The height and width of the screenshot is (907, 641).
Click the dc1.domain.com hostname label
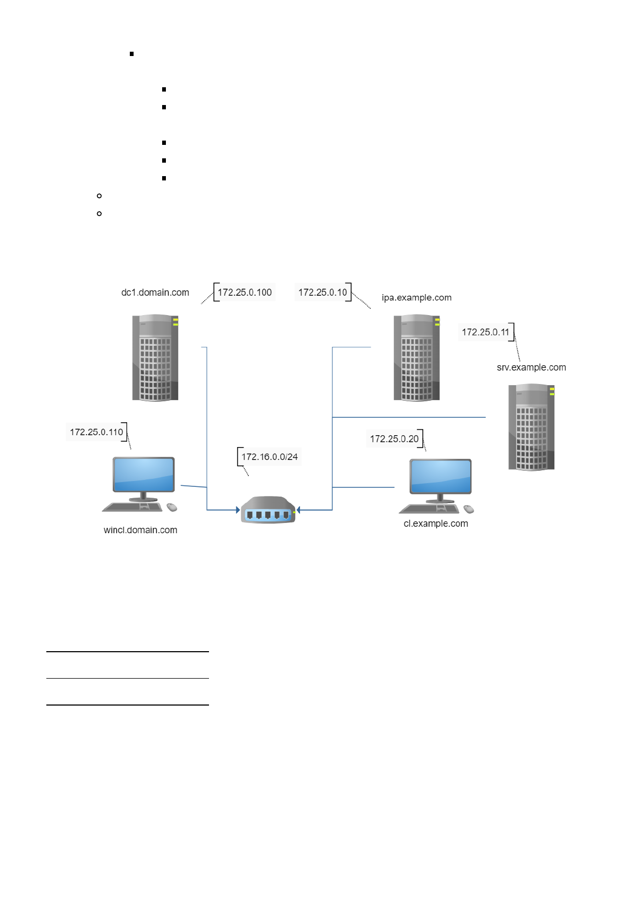155,292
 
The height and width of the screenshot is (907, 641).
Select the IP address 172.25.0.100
245,292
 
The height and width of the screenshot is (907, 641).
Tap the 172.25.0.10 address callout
323,292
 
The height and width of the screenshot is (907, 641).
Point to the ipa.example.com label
416,297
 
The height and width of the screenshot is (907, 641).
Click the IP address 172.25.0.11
485,332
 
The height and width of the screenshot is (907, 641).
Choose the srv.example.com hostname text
531,367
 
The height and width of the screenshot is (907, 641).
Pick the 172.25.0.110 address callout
96,432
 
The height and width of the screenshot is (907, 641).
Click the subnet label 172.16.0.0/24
269,457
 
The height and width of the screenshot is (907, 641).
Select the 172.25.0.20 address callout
394,439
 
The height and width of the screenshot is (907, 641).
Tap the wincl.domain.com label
140,530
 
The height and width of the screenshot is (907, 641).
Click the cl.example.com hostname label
436,524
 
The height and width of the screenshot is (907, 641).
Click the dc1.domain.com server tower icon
155,358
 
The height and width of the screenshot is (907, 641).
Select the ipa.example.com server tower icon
416,358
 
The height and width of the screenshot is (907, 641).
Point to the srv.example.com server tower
531,427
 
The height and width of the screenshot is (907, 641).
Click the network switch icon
268,510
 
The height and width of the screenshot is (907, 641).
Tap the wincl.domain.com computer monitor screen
143,474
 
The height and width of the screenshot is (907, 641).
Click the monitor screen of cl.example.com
441,476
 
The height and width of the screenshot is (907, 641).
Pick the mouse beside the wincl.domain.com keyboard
172,507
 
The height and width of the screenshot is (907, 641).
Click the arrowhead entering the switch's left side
238,510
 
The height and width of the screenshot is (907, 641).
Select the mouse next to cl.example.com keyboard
469,509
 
